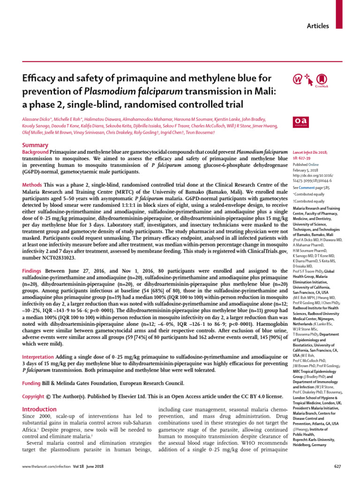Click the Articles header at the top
pos(318,26)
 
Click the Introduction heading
pos(42,409)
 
